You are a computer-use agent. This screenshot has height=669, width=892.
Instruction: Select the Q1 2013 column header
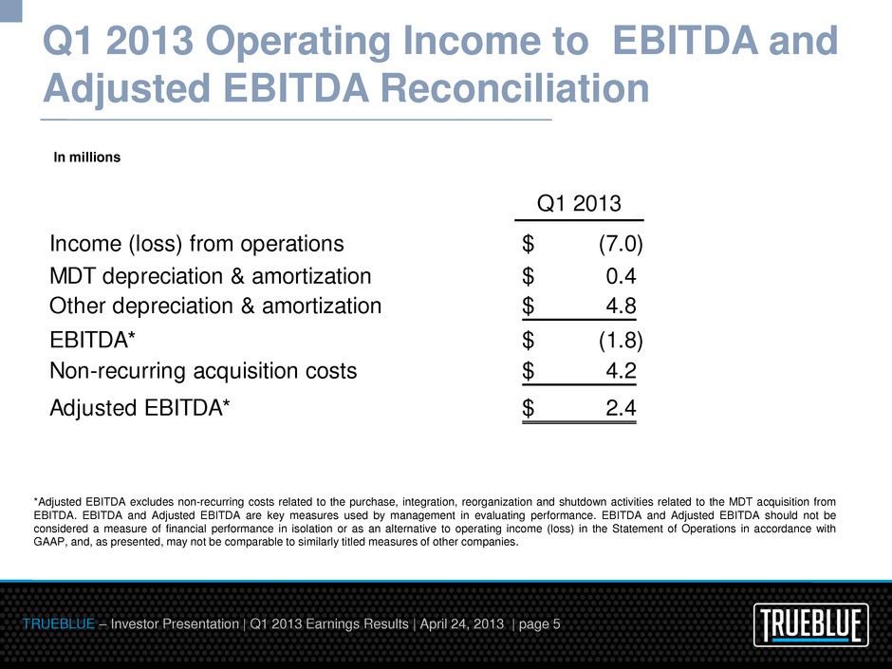click(579, 203)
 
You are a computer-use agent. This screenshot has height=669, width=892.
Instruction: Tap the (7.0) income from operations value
click(621, 244)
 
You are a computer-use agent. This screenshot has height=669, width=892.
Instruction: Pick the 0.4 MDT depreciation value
click(621, 276)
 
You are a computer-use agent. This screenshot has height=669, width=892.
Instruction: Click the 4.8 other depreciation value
click(621, 306)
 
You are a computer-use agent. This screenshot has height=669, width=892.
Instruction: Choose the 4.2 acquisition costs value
click(621, 370)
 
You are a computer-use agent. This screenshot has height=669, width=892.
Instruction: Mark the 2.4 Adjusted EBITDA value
click(621, 408)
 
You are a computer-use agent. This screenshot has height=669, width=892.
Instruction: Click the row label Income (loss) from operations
click(197, 244)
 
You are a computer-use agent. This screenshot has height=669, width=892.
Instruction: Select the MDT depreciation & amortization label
click(211, 276)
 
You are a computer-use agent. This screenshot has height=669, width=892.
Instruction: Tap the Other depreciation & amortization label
click(215, 306)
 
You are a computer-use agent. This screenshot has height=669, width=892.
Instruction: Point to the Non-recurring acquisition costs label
click(203, 370)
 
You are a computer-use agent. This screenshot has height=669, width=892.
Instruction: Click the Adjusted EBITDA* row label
click(139, 408)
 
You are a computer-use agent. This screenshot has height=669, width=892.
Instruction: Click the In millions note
click(86, 158)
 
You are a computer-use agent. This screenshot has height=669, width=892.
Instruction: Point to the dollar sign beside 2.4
click(529, 408)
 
